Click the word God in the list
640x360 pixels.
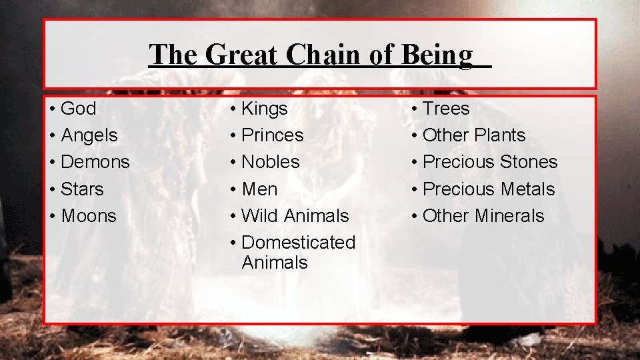click(78, 109)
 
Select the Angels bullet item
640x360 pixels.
click(89, 135)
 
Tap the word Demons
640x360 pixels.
click(95, 162)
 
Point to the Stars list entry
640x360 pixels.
click(82, 189)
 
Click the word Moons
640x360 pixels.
click(88, 216)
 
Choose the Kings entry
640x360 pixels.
click(264, 109)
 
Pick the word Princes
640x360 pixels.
click(272, 135)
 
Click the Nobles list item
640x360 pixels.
click(270, 162)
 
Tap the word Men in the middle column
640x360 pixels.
click(259, 189)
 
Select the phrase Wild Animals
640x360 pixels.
click(295, 216)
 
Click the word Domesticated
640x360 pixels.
click(298, 243)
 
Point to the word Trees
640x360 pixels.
click(446, 109)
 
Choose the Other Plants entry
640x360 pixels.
click(473, 135)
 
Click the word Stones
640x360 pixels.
click(528, 162)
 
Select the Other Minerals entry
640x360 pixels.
click(483, 216)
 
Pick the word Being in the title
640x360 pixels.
click(437, 55)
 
